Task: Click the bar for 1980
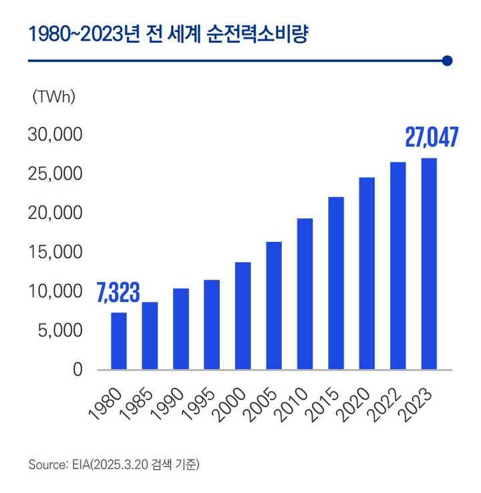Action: click(118, 341)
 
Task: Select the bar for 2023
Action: click(429, 264)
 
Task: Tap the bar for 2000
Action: click(243, 315)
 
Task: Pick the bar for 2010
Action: click(305, 294)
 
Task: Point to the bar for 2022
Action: click(398, 266)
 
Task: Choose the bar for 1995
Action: click(212, 324)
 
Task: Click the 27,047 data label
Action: click(432, 138)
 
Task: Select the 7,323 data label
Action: click(118, 293)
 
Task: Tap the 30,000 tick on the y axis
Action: click(54, 135)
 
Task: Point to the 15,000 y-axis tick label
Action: click(54, 253)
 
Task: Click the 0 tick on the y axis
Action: click(77, 369)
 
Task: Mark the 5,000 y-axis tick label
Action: click(58, 331)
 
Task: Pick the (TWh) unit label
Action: click(54, 97)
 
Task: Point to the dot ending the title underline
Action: click(448, 61)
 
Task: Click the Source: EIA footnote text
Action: click(114, 464)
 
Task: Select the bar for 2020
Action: click(367, 273)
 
